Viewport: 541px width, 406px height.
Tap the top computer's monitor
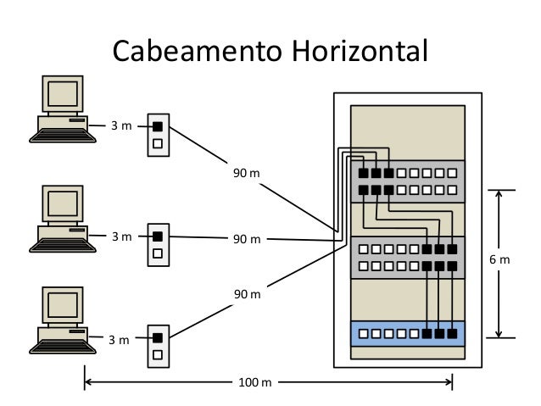tap(63, 94)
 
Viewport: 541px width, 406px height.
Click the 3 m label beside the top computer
tap(121, 126)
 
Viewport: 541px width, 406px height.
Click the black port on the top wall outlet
tap(158, 127)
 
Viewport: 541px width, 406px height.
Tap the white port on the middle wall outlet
tap(158, 253)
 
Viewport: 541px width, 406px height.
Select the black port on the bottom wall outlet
tap(158, 338)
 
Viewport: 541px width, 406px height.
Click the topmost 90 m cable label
tap(246, 174)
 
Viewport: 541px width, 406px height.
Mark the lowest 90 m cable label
tap(246, 293)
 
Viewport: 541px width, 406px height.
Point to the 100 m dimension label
tap(254, 383)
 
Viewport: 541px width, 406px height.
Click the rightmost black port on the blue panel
tap(452, 333)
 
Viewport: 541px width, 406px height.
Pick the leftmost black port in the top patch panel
tap(363, 174)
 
